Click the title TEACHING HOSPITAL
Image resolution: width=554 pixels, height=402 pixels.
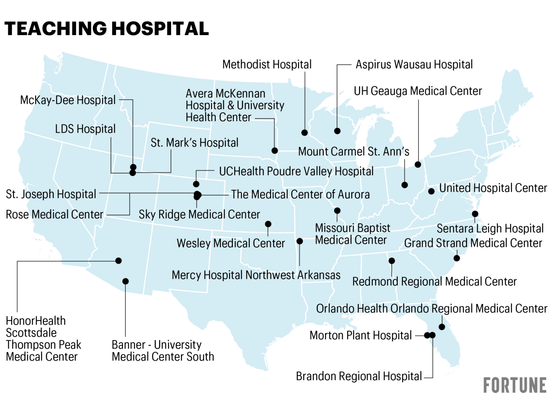click(x=106, y=29)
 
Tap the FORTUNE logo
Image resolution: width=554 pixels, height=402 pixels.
click(x=515, y=385)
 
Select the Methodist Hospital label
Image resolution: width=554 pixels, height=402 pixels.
click(x=267, y=65)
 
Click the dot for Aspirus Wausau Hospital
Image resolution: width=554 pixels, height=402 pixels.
click(x=337, y=131)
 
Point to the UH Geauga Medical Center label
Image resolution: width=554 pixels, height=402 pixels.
click(x=418, y=91)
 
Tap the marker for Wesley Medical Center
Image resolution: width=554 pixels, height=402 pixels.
click(x=268, y=224)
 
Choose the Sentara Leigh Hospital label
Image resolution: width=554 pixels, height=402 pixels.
click(x=490, y=228)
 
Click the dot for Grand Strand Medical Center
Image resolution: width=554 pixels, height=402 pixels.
click(x=456, y=258)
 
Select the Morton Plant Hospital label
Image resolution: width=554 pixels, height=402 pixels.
click(x=361, y=335)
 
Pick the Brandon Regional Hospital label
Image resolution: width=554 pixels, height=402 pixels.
click(x=358, y=376)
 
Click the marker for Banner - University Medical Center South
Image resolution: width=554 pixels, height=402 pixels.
click(x=126, y=281)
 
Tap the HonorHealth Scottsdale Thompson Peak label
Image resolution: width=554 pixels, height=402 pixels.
click(x=43, y=339)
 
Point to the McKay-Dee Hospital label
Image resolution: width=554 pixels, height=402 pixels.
click(x=68, y=100)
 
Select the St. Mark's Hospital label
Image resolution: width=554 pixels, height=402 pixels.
click(x=194, y=143)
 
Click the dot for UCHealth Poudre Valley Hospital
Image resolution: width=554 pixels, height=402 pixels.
click(x=196, y=184)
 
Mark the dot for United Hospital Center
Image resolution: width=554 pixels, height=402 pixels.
click(x=431, y=191)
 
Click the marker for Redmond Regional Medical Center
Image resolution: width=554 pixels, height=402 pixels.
click(x=392, y=261)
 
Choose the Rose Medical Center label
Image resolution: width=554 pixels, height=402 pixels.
click(x=55, y=214)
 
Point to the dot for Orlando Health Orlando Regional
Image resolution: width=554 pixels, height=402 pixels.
click(x=442, y=327)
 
